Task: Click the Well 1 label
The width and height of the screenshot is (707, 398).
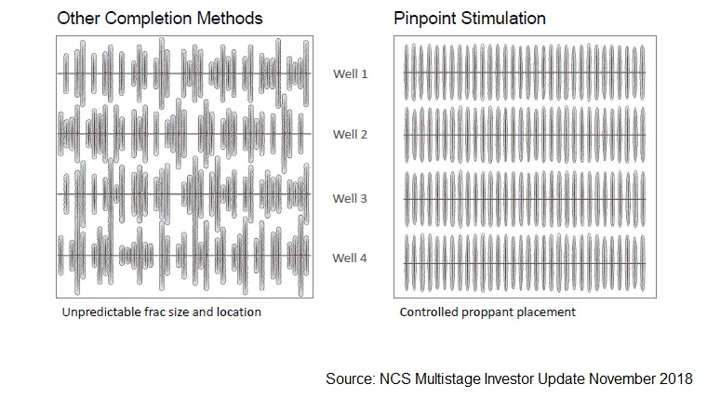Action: point(351,73)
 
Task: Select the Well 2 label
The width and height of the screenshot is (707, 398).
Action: point(351,134)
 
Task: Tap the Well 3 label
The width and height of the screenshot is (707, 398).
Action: point(350,198)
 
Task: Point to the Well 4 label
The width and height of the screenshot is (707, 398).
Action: point(350,258)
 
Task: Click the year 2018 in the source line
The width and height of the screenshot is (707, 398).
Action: point(675,378)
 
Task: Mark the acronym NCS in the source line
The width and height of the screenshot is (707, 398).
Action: point(395,378)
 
